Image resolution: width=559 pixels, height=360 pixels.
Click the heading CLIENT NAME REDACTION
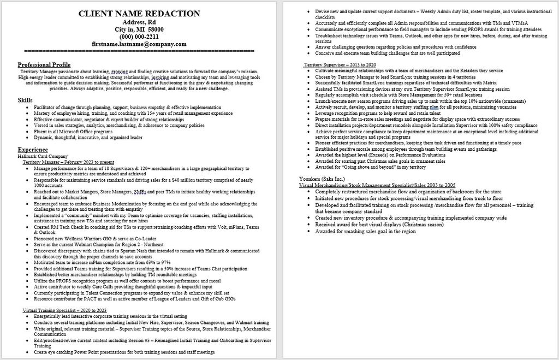tap(139, 13)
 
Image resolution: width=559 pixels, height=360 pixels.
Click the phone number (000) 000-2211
tap(139, 37)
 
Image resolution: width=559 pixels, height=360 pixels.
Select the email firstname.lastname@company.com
tap(139, 44)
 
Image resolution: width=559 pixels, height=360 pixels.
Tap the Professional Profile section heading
tap(44, 64)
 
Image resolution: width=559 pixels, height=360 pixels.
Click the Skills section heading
tap(25, 100)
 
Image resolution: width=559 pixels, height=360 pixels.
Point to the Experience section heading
tap(33, 149)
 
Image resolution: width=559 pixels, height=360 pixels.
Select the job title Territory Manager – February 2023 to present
tap(68, 162)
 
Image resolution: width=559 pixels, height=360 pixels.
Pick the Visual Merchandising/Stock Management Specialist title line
tap(377, 186)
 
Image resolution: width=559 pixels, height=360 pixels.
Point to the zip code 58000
tap(153, 29)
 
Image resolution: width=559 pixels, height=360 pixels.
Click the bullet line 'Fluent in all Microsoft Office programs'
tap(73, 131)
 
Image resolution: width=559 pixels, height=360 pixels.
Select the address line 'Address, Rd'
tap(139, 22)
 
